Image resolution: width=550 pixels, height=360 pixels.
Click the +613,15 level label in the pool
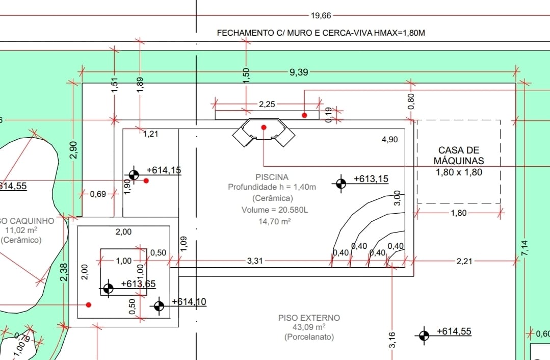click(371, 179)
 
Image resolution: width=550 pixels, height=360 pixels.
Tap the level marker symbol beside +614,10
click(159, 306)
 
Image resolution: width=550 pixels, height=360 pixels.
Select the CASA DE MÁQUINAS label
click(459, 156)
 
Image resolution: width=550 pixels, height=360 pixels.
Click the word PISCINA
click(272, 177)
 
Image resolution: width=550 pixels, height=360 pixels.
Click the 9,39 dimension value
click(299, 72)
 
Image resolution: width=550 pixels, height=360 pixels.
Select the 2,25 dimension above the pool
click(267, 105)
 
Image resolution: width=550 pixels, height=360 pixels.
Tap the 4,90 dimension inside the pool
click(389, 140)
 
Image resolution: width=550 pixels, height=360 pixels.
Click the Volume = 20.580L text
click(272, 210)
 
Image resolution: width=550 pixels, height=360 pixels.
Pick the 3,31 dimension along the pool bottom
click(255, 261)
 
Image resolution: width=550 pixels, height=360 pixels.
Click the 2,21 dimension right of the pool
click(464, 261)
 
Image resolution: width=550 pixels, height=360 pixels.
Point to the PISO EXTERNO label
click(309, 318)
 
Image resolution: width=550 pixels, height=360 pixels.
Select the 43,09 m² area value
click(309, 327)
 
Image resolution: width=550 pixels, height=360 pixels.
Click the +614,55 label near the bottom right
click(454, 332)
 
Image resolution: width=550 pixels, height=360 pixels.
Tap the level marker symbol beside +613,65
click(108, 289)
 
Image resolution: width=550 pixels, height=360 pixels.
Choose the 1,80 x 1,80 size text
click(459, 172)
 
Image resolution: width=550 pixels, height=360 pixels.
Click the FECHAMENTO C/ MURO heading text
click(321, 33)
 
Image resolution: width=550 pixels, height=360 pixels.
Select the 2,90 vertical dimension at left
click(73, 149)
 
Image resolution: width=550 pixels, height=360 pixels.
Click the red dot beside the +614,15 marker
click(146, 181)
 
